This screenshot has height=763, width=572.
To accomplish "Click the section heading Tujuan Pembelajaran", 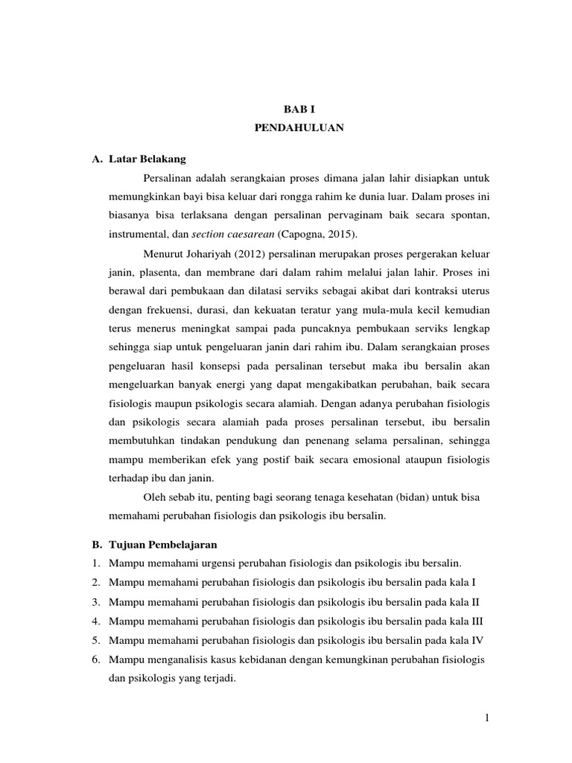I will click(x=162, y=544).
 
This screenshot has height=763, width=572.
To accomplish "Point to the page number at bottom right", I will click(x=486, y=717).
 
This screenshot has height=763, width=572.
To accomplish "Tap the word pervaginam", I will click(x=352, y=215).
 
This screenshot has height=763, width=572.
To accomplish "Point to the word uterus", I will click(x=473, y=291).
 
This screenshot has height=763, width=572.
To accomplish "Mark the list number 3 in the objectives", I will click(x=95, y=601).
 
